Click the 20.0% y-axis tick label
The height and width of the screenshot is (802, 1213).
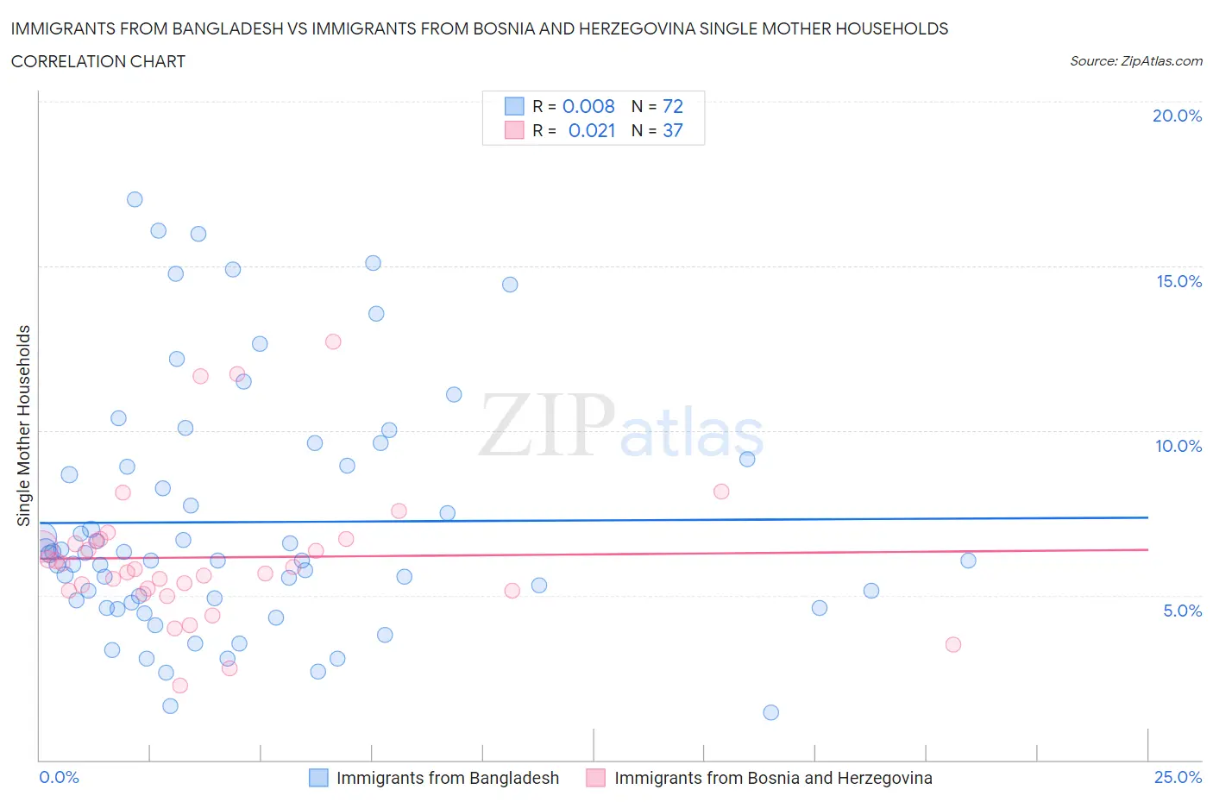pyautogui.click(x=1177, y=116)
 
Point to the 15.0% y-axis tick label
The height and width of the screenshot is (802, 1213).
pyautogui.click(x=1178, y=281)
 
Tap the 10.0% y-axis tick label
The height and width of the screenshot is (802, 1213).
pyautogui.click(x=1178, y=446)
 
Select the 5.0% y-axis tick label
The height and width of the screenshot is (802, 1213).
pyautogui.click(x=1182, y=611)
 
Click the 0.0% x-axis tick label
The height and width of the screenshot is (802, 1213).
pyautogui.click(x=59, y=777)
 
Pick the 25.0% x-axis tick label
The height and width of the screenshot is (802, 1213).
pyautogui.click(x=1178, y=777)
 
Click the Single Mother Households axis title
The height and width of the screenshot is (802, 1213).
pyautogui.click(x=24, y=425)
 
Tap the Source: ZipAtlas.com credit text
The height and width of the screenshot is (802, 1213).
pyautogui.click(x=1135, y=61)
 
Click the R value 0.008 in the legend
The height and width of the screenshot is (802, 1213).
pyautogui.click(x=588, y=106)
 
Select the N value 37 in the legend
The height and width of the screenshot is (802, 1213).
pyautogui.click(x=672, y=130)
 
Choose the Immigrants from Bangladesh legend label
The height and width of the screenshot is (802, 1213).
pyautogui.click(x=447, y=778)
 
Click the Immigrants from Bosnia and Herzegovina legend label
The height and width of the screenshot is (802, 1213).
pyautogui.click(x=773, y=778)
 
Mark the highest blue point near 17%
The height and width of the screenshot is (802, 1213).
pyautogui.click(x=135, y=199)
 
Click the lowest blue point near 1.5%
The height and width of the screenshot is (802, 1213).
pyautogui.click(x=771, y=712)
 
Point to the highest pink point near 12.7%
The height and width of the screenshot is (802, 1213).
pyautogui.click(x=333, y=341)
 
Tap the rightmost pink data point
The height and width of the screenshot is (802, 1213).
pyautogui.click(x=953, y=644)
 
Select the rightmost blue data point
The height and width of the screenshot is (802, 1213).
pyautogui.click(x=968, y=561)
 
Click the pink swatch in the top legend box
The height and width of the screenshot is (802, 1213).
pyautogui.click(x=514, y=130)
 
